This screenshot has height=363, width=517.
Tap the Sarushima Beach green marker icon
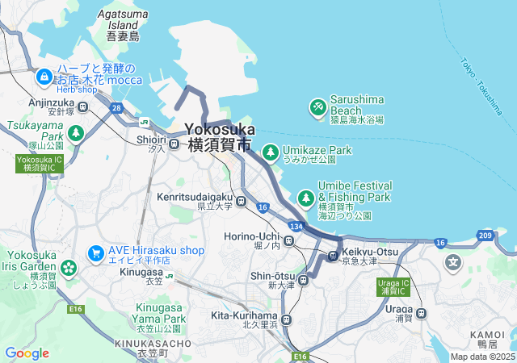[x=318, y=106]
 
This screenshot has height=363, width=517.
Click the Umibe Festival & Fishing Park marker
[x=306, y=197]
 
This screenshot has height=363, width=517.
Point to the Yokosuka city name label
[x=220, y=129]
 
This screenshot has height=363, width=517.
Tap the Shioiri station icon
[x=173, y=148]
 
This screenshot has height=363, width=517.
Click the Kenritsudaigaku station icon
[x=241, y=200]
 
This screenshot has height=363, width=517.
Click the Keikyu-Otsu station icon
[x=332, y=257]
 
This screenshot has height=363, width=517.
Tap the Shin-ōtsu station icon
[x=303, y=281]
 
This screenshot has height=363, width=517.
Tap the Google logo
[x=27, y=353]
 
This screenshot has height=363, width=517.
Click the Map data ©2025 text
[x=481, y=357]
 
